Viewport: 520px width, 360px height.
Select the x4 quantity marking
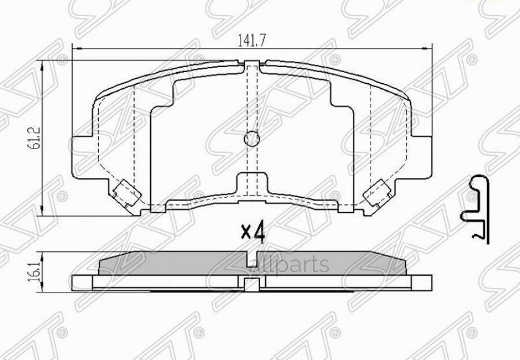252,232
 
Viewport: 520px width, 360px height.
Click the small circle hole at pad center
252,139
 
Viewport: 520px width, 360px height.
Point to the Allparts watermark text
295,265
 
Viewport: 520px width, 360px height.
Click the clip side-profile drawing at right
477,207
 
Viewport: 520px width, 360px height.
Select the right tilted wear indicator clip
377,192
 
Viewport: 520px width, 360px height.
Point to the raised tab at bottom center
252,182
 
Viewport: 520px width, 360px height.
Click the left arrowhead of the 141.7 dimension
73,49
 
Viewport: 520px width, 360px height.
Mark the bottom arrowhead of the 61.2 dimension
44,213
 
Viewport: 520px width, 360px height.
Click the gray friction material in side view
173,263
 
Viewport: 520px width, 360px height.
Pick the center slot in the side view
251,283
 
